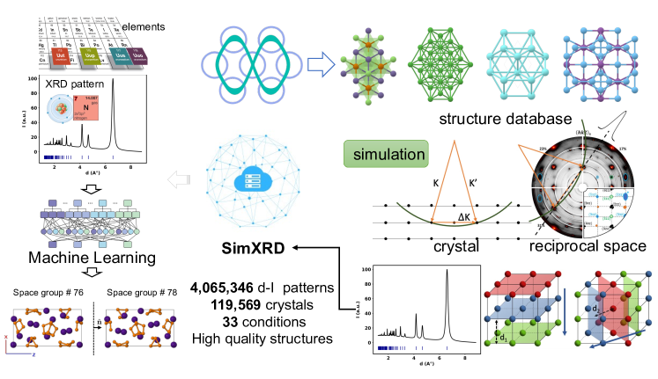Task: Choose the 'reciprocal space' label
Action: pos(577,247)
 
